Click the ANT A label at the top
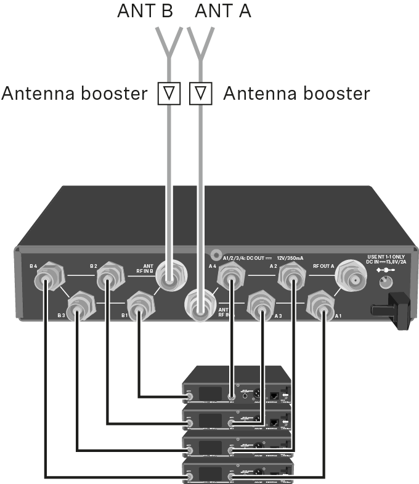coord(223,11)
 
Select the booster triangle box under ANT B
coord(169,94)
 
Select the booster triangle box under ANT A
coord(201,94)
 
